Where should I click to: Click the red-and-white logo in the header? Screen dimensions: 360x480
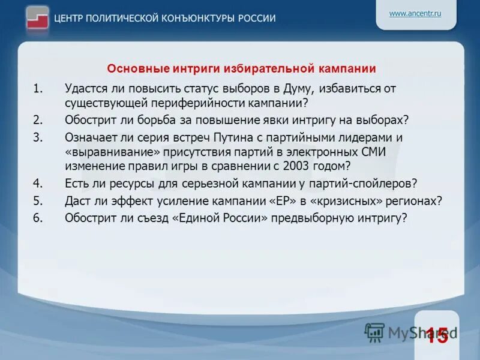coord(38,18)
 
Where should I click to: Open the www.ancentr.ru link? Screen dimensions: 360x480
coord(415,13)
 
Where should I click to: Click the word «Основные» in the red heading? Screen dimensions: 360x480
coord(131,68)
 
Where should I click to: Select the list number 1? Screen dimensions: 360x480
coord(38,89)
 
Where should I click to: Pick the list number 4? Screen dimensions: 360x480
coord(38,183)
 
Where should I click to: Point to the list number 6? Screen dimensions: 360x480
coord(38,218)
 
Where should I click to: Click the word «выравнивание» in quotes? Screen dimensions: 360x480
coord(114,152)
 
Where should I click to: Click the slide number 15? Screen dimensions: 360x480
coord(437,335)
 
